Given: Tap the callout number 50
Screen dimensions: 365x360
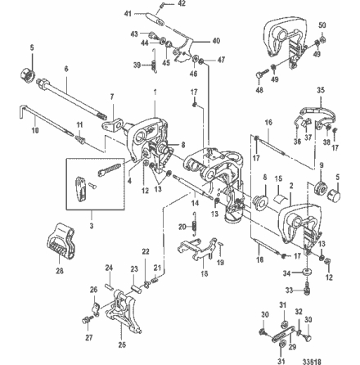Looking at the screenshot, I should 320,26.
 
